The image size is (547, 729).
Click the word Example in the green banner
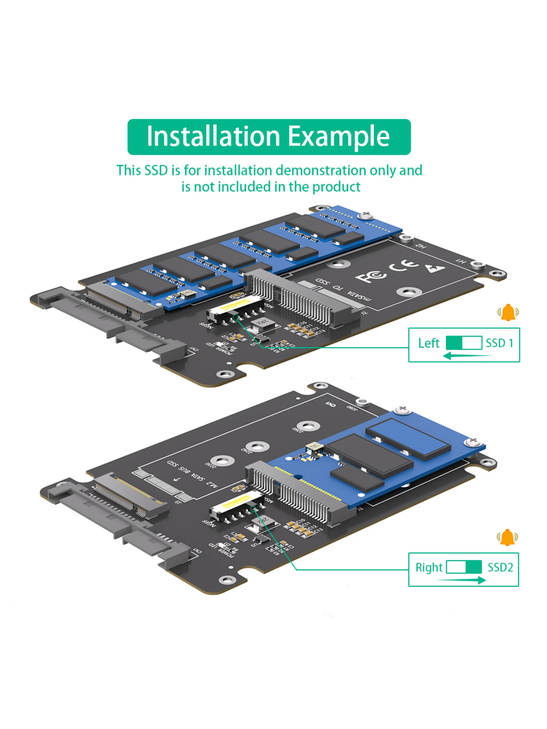[339, 137]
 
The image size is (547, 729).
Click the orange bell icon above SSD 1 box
[508, 312]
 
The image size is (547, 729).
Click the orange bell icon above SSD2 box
[507, 537]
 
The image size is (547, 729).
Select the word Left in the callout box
[428, 343]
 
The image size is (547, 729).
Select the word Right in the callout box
[429, 567]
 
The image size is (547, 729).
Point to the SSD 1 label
[499, 343]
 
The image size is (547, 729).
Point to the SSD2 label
[500, 567]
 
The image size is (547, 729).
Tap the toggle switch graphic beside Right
[464, 567]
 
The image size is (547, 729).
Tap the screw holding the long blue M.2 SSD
[366, 215]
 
